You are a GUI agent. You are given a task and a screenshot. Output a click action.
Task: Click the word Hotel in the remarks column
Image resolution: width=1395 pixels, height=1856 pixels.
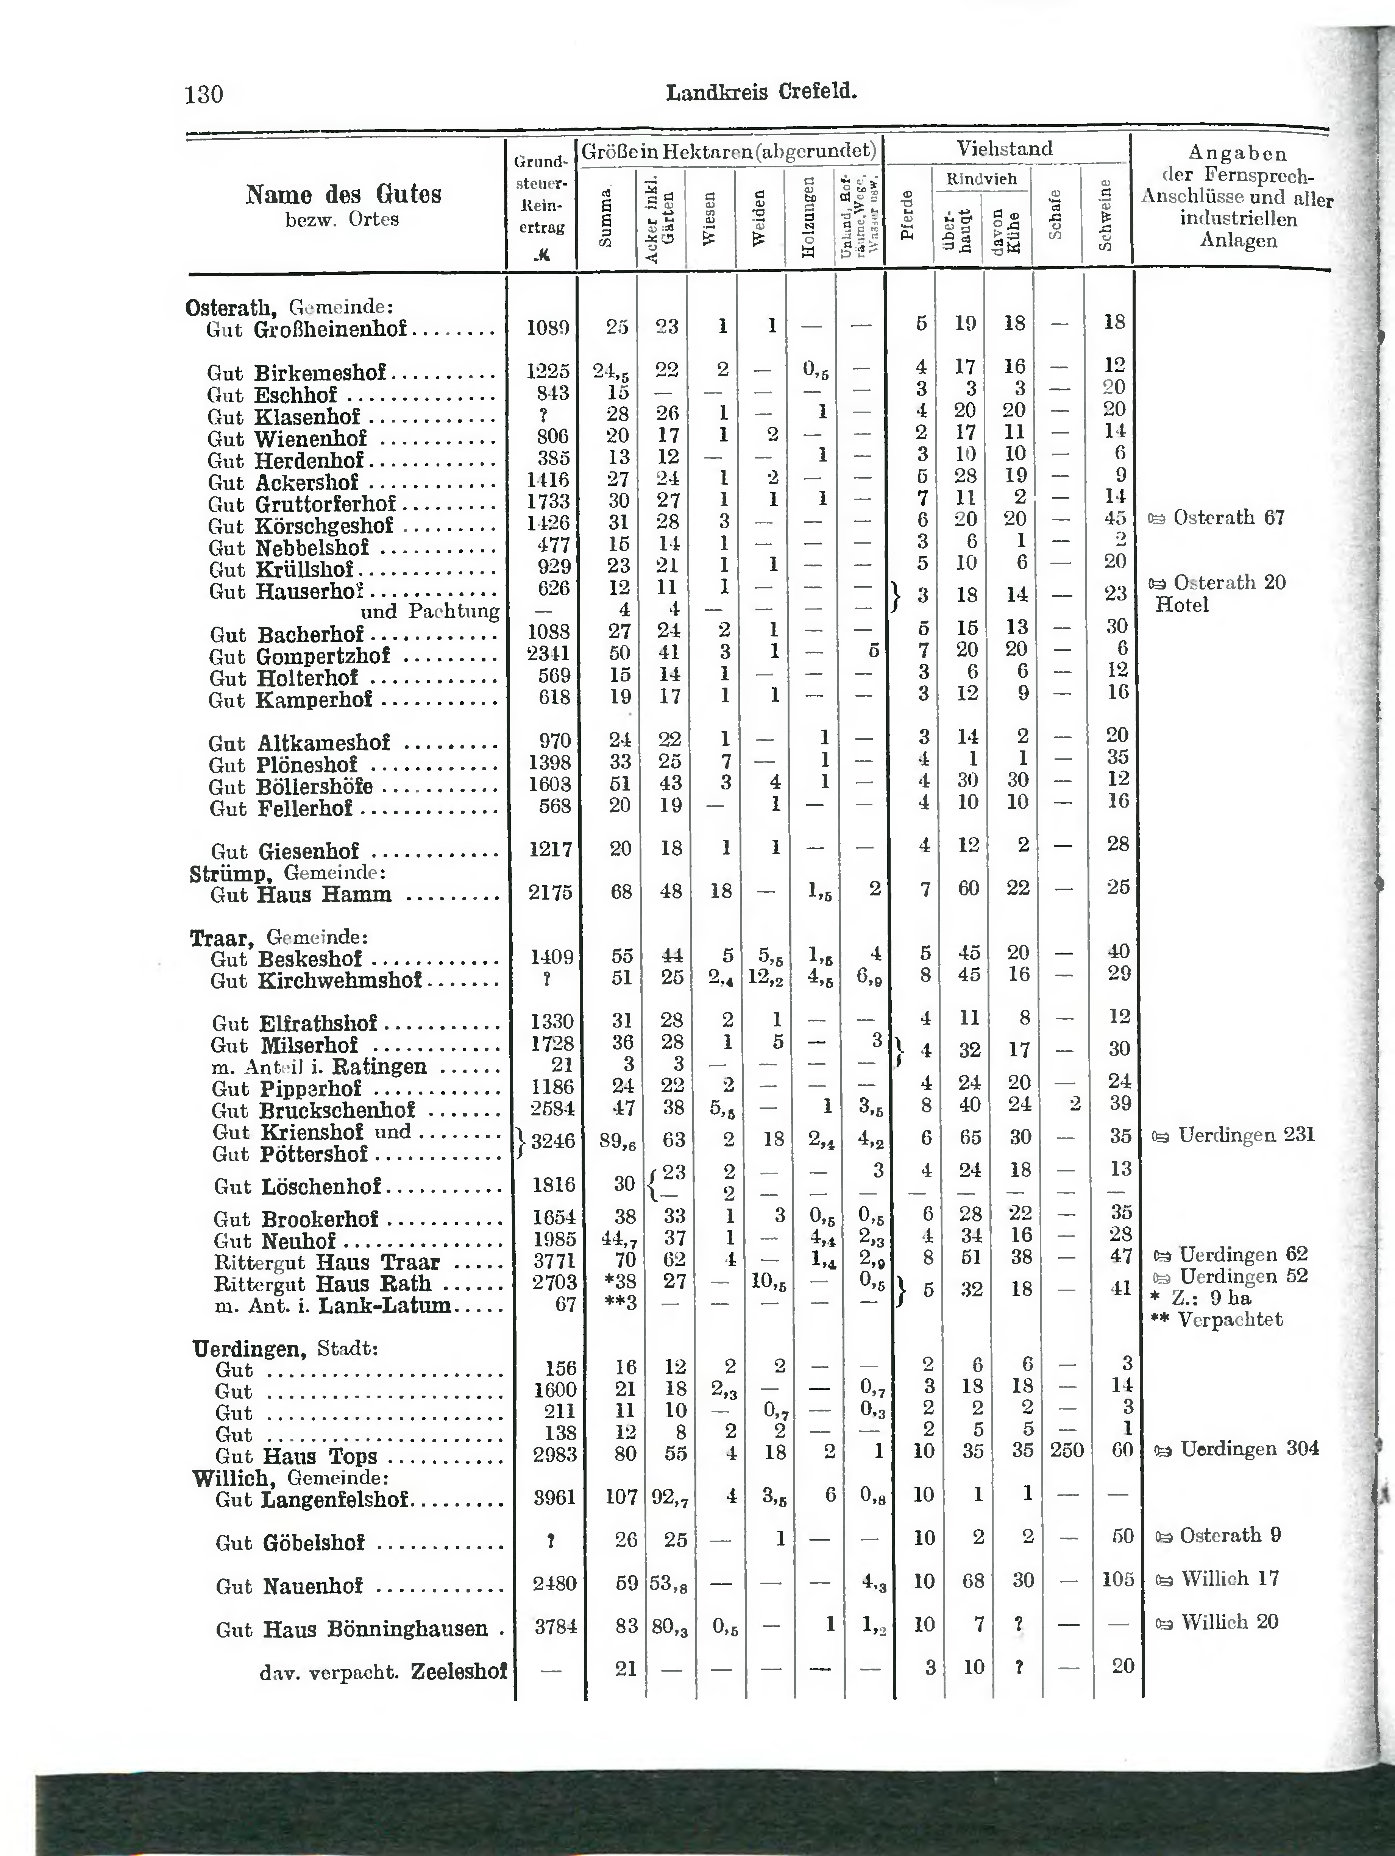[x=1182, y=605]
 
